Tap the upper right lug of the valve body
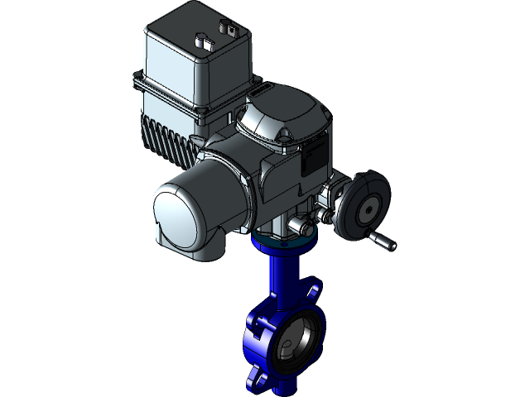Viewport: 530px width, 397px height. (x=312, y=292)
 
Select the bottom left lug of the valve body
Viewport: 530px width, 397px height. (x=256, y=381)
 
